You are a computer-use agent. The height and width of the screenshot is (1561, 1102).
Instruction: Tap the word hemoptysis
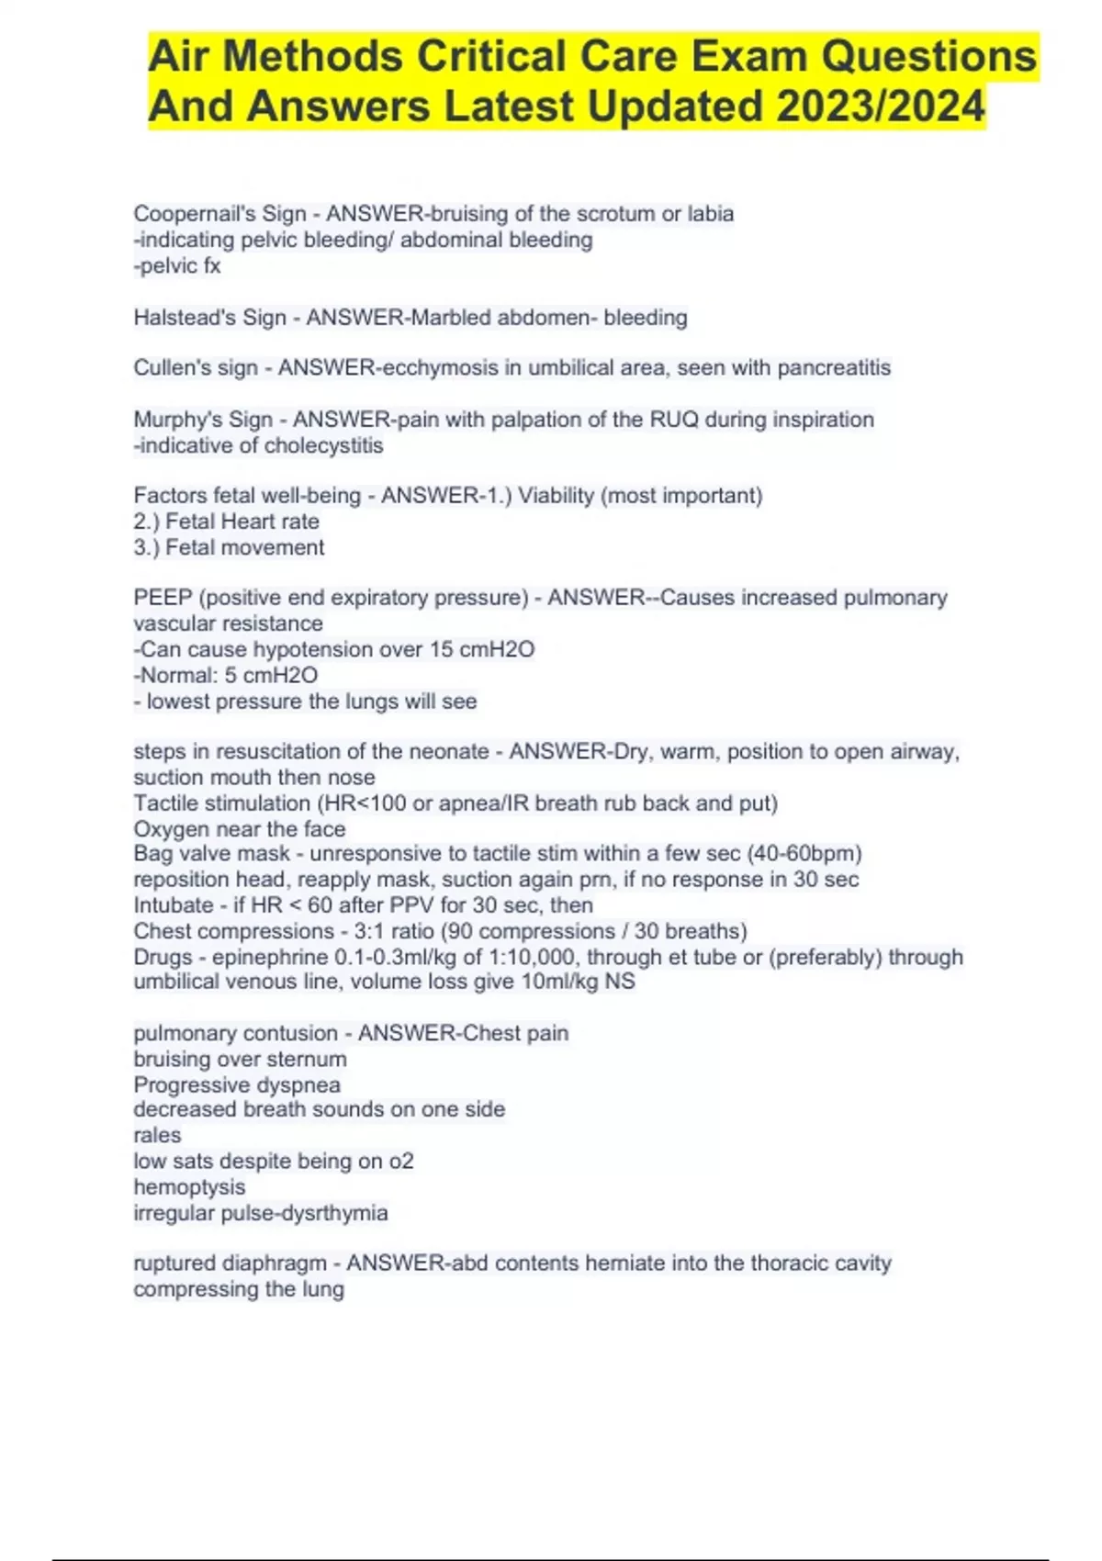[x=189, y=1187]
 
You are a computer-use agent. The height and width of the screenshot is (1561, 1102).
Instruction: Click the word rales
[x=157, y=1136]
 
